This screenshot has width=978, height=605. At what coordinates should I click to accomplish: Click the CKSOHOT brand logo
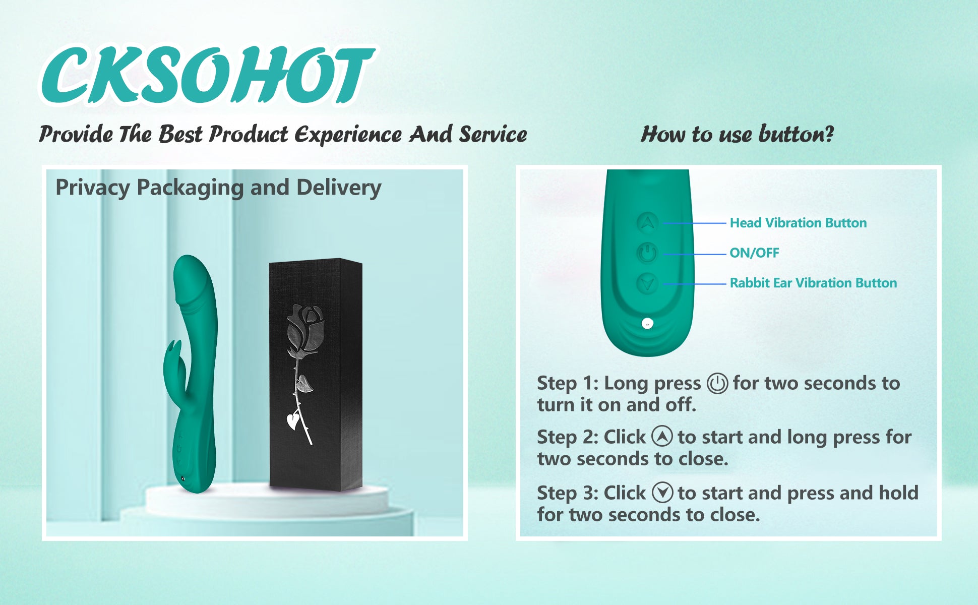[x=208, y=75]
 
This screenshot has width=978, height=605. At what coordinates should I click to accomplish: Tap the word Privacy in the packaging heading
[x=93, y=188]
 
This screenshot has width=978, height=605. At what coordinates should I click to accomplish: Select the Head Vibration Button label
[x=798, y=223]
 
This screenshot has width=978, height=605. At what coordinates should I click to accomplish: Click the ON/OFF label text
[x=754, y=253]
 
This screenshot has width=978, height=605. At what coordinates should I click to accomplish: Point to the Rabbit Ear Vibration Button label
[x=813, y=283]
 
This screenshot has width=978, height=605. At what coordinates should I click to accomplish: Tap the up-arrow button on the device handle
[x=648, y=222]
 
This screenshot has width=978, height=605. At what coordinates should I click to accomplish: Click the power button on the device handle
[x=647, y=253]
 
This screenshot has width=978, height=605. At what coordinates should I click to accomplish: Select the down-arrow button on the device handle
[x=647, y=283]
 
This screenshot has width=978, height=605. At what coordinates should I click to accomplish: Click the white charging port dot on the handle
[x=647, y=324]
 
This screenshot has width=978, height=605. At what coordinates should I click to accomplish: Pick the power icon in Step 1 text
[x=717, y=384]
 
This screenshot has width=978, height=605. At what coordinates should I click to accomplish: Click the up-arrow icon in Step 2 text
[x=662, y=436]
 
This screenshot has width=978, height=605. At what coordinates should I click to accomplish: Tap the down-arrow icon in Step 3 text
[x=662, y=493]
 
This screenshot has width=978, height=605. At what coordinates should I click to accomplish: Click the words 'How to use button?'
[x=737, y=134]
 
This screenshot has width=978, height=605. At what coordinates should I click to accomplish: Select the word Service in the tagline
[x=493, y=134]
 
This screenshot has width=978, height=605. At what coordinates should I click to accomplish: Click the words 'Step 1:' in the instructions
[x=568, y=383]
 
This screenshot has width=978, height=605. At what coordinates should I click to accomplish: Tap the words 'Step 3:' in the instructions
[x=568, y=493]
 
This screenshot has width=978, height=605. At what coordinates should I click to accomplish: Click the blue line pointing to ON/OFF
[x=694, y=254]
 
